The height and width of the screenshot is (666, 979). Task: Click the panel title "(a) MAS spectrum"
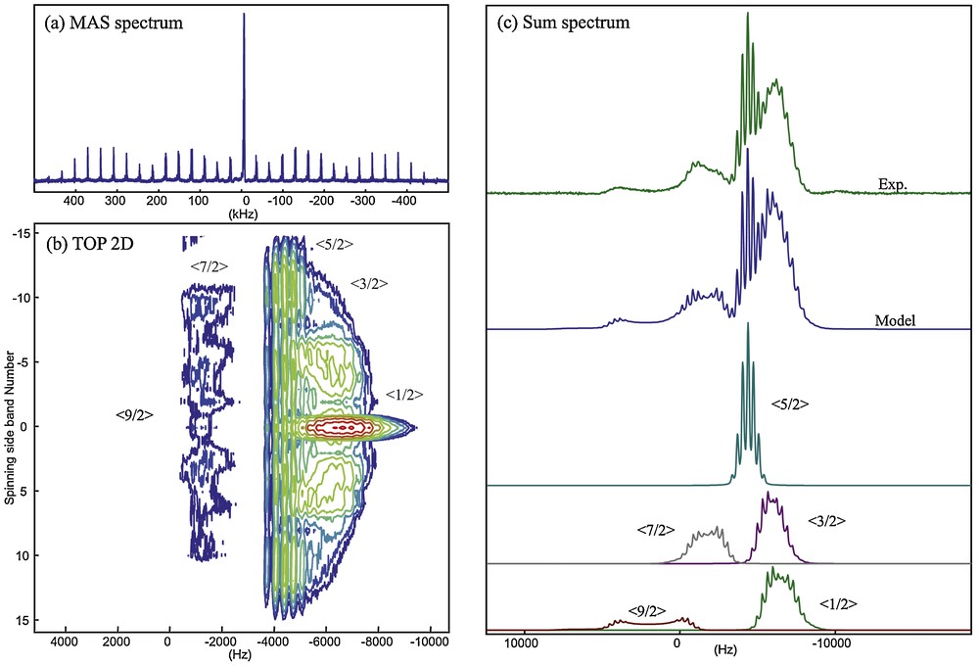tap(113, 23)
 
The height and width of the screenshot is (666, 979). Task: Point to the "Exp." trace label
tap(892, 182)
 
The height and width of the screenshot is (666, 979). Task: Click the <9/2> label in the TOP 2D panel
tap(134, 415)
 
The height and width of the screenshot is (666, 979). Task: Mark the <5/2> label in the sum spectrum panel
tap(790, 403)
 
